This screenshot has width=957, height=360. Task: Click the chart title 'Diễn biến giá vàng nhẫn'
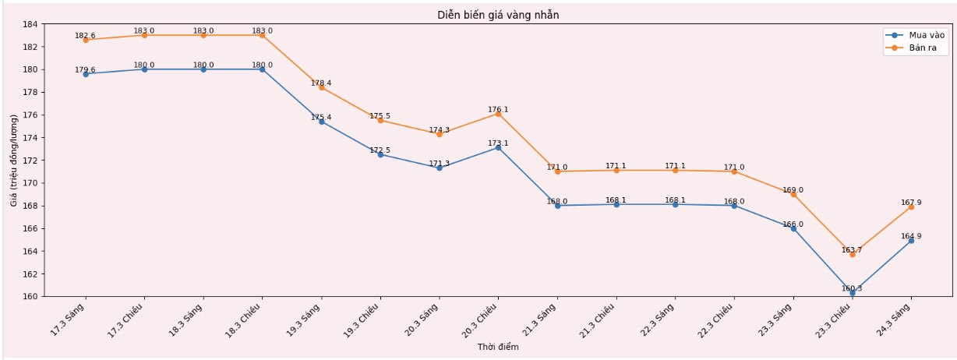tap(498, 15)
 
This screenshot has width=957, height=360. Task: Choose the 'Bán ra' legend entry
tap(923, 48)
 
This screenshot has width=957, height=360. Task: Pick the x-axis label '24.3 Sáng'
tap(895, 319)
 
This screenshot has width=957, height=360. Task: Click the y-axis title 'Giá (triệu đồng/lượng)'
tap(14, 160)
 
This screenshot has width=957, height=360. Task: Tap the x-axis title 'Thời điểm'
tap(498, 348)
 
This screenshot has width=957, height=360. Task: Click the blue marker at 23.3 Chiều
tap(852, 293)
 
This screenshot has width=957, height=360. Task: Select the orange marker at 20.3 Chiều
tap(498, 114)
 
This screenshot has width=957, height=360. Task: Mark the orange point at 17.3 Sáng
tap(86, 40)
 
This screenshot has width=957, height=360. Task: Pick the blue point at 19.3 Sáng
tap(321, 122)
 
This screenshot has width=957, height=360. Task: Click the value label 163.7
tap(852, 250)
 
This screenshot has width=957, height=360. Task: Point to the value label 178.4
tap(321, 83)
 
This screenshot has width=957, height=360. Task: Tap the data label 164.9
tap(911, 236)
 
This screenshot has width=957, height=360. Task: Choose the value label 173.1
tap(498, 143)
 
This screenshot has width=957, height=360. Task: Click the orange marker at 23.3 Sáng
tap(793, 194)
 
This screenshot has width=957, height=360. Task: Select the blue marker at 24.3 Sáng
tap(911, 241)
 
